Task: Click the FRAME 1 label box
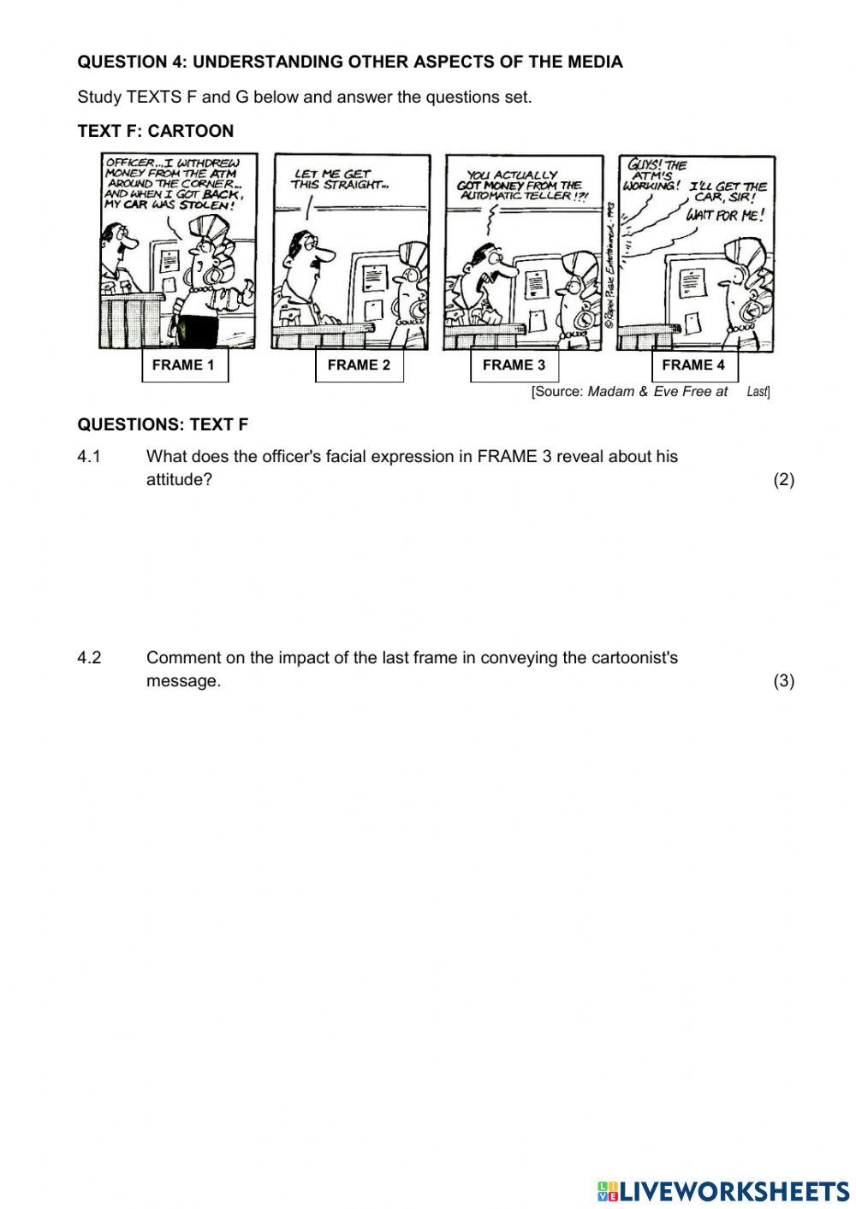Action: coord(184,365)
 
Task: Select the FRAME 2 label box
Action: coord(359,365)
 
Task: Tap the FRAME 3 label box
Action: coord(514,365)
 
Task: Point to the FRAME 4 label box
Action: coord(693,365)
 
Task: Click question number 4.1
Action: coord(89,457)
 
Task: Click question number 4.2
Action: coord(89,658)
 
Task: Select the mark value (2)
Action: coord(783,480)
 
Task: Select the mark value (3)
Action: coord(783,681)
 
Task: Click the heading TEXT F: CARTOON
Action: coord(155,132)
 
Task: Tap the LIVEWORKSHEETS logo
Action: coord(723,1190)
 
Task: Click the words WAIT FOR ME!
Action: coord(724,215)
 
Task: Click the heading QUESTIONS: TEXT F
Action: coord(163,425)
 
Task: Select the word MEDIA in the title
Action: coord(596,62)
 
